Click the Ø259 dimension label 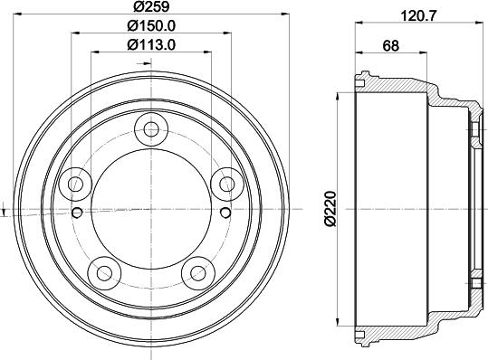coord(151,6)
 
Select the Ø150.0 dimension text coord(151,25)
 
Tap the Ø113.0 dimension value coord(151,44)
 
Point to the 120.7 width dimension coord(419,15)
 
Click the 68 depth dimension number coord(390,46)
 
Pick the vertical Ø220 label coord(330,209)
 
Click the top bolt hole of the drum coord(151,129)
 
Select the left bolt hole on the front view coord(75,185)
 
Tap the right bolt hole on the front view coord(227,185)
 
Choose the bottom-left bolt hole coord(104,273)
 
